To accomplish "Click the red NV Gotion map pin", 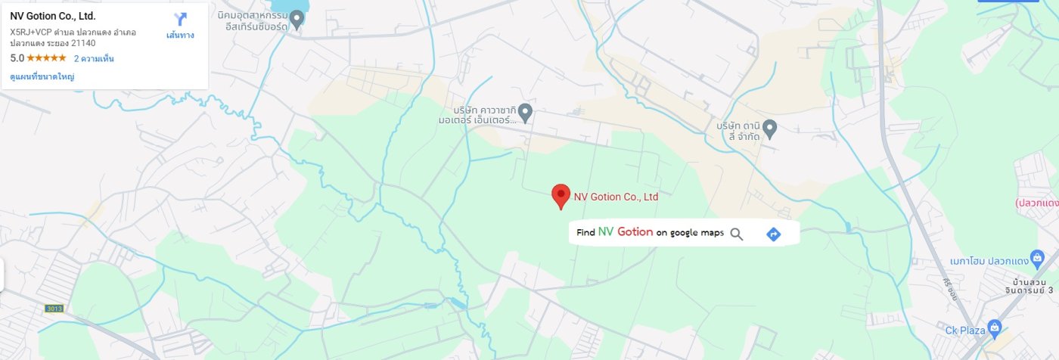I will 560,195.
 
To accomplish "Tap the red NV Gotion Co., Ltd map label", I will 616,197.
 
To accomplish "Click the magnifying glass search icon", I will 737,234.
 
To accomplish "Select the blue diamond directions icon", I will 773,234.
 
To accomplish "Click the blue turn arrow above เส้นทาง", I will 180,19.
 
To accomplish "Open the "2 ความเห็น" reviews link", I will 94,58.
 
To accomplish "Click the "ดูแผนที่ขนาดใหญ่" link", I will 42,76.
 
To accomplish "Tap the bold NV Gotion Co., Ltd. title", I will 53,16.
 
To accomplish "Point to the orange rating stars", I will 47,58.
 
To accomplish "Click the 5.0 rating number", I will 17,58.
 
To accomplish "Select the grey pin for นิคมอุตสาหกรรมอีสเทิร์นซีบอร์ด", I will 297,20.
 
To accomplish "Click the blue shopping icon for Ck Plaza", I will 995,329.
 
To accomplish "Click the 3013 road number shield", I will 54,308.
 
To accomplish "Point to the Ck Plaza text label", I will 964,330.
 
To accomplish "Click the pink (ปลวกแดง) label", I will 1036,203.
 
